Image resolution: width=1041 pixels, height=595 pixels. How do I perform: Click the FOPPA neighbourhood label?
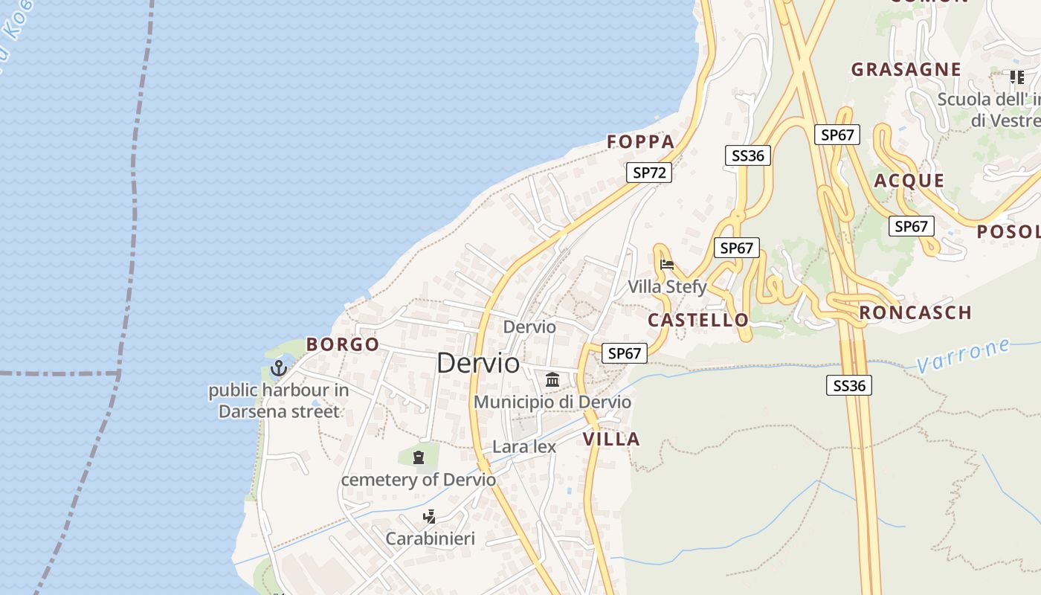coord(640,141)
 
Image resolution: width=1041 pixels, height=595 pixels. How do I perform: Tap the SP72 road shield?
coord(648,173)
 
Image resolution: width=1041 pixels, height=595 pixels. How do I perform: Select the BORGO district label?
coord(343,344)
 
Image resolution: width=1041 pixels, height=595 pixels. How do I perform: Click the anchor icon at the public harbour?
coord(278,367)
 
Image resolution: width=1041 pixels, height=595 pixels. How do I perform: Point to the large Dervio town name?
coord(478,363)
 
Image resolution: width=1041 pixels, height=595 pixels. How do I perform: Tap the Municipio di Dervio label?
coord(552,402)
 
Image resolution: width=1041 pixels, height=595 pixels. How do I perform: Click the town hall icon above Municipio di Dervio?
coord(552,380)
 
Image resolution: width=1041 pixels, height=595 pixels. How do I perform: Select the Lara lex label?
coord(524,446)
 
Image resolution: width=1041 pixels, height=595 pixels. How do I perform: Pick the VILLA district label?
coord(611,439)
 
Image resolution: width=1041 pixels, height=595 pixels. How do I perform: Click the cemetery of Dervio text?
coord(418,480)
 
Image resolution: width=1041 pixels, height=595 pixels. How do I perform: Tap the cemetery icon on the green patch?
coord(419,457)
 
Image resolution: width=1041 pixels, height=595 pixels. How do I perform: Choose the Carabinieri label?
coord(430,538)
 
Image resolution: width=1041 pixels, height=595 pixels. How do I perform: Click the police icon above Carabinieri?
coord(429,517)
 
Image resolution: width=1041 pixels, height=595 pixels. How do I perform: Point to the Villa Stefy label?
coord(667,286)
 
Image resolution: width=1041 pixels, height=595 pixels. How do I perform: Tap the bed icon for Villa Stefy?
coord(667,264)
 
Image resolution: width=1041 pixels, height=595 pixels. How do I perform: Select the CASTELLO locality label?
coord(698,320)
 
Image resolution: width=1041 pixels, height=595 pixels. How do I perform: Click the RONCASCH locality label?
coord(915,312)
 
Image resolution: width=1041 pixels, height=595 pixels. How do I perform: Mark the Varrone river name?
coord(963,356)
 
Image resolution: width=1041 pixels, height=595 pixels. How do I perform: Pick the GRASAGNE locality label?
coord(906,69)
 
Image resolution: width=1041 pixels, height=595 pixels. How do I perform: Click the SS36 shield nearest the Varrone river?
coord(848,385)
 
